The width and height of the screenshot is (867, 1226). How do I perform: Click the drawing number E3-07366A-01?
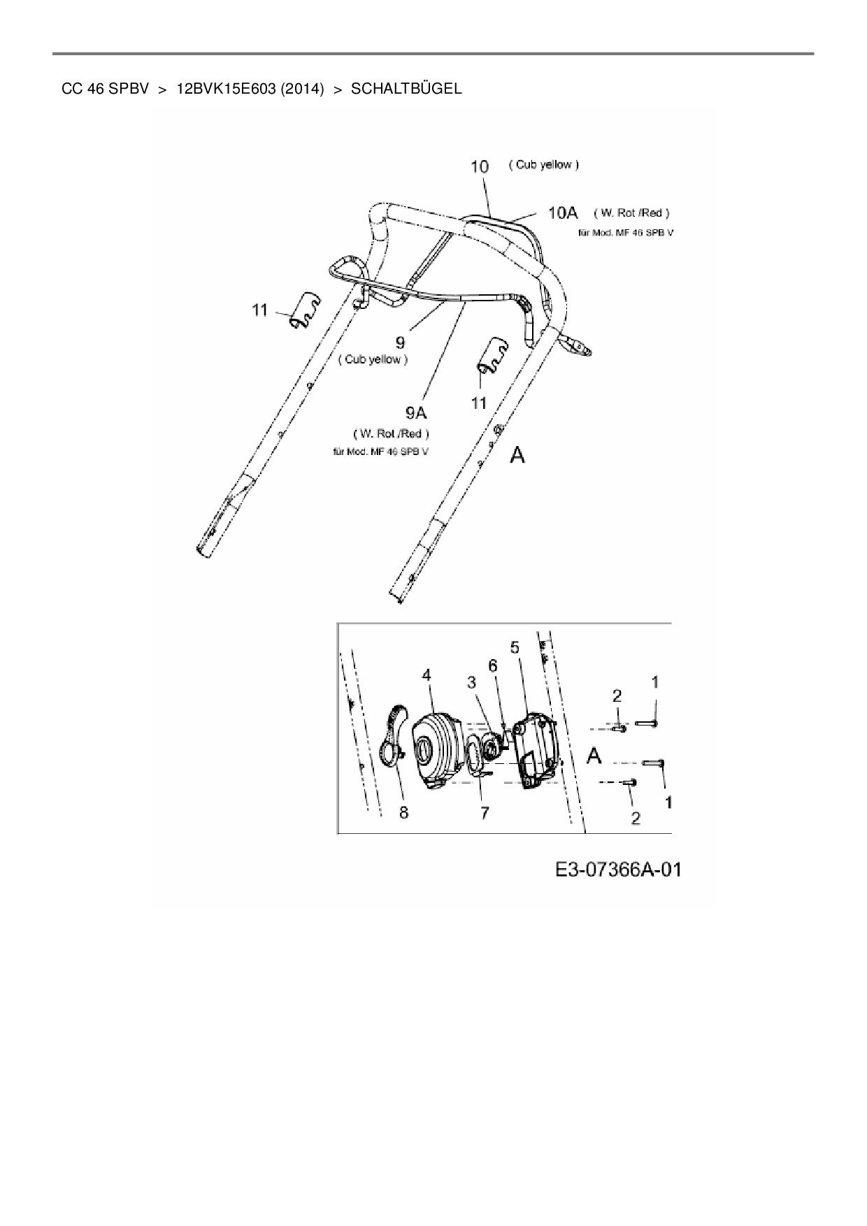click(618, 870)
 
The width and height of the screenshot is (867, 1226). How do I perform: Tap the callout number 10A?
click(562, 212)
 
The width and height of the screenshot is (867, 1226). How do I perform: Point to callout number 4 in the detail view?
click(427, 675)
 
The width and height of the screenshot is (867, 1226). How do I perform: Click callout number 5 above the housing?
click(515, 647)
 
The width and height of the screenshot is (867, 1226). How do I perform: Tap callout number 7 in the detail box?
click(484, 812)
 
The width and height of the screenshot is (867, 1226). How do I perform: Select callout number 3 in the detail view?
click(472, 681)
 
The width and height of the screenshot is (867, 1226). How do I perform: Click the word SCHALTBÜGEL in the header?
click(406, 89)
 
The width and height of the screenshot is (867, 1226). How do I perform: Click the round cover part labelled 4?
click(435, 751)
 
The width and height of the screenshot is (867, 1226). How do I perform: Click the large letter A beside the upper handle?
click(517, 456)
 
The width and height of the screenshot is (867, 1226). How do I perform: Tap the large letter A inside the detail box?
click(594, 756)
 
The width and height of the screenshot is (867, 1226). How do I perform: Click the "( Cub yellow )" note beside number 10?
click(543, 165)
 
